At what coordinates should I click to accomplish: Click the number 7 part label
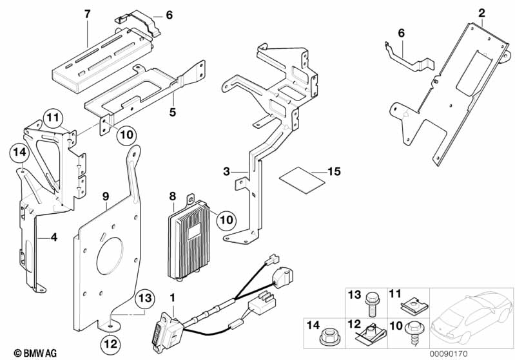88,14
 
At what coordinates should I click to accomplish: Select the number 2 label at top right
482,12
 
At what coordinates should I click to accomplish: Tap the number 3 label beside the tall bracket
226,171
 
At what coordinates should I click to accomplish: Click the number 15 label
333,172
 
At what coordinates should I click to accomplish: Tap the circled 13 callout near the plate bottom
146,298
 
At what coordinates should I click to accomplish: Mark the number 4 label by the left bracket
54,238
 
